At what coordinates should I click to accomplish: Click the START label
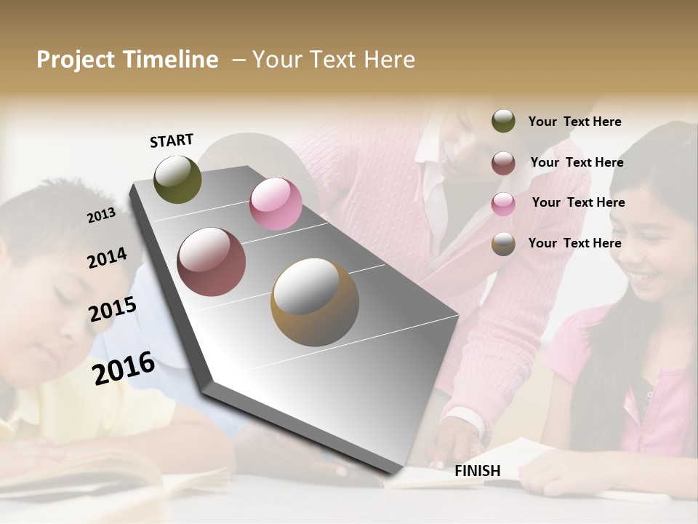pos(172,140)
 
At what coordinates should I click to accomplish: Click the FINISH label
pos(477,471)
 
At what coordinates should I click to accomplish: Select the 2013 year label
pos(101,215)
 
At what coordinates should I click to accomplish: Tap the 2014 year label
pos(107,258)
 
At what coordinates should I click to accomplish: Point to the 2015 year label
pos(113,309)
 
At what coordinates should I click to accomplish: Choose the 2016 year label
pos(124,368)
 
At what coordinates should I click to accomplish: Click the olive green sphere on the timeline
pos(177,179)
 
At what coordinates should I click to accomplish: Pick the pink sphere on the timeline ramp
pos(276,204)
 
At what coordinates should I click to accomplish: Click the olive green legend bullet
pos(503,122)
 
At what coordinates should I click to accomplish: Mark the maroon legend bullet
pos(503,163)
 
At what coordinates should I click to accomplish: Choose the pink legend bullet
pos(503,203)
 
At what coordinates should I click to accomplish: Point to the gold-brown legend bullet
pos(503,244)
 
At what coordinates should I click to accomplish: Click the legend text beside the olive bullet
pos(574,122)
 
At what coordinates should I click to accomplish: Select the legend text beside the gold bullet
pos(574,243)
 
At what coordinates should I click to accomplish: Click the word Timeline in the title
pos(170,60)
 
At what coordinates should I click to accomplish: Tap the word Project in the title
pos(75,60)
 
